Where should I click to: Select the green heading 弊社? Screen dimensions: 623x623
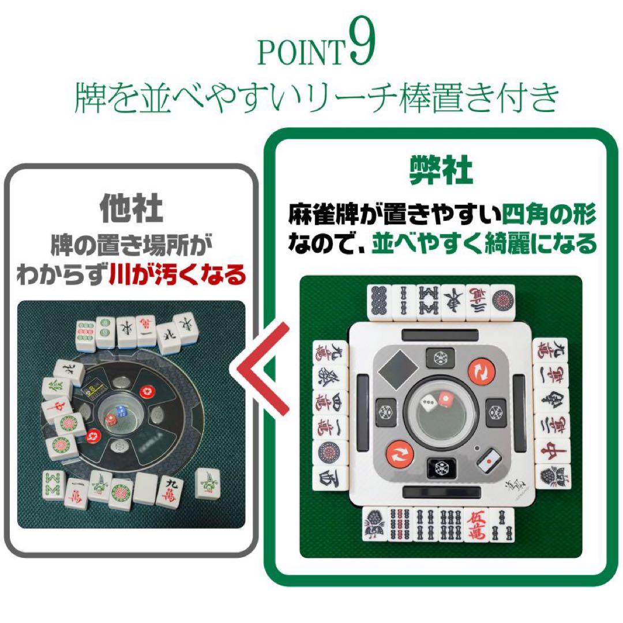click(x=441, y=171)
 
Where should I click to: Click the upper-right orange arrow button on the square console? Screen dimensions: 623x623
click(x=481, y=371)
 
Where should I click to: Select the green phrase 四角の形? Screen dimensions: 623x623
click(x=549, y=215)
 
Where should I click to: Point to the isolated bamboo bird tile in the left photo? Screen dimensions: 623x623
click(x=207, y=482)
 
